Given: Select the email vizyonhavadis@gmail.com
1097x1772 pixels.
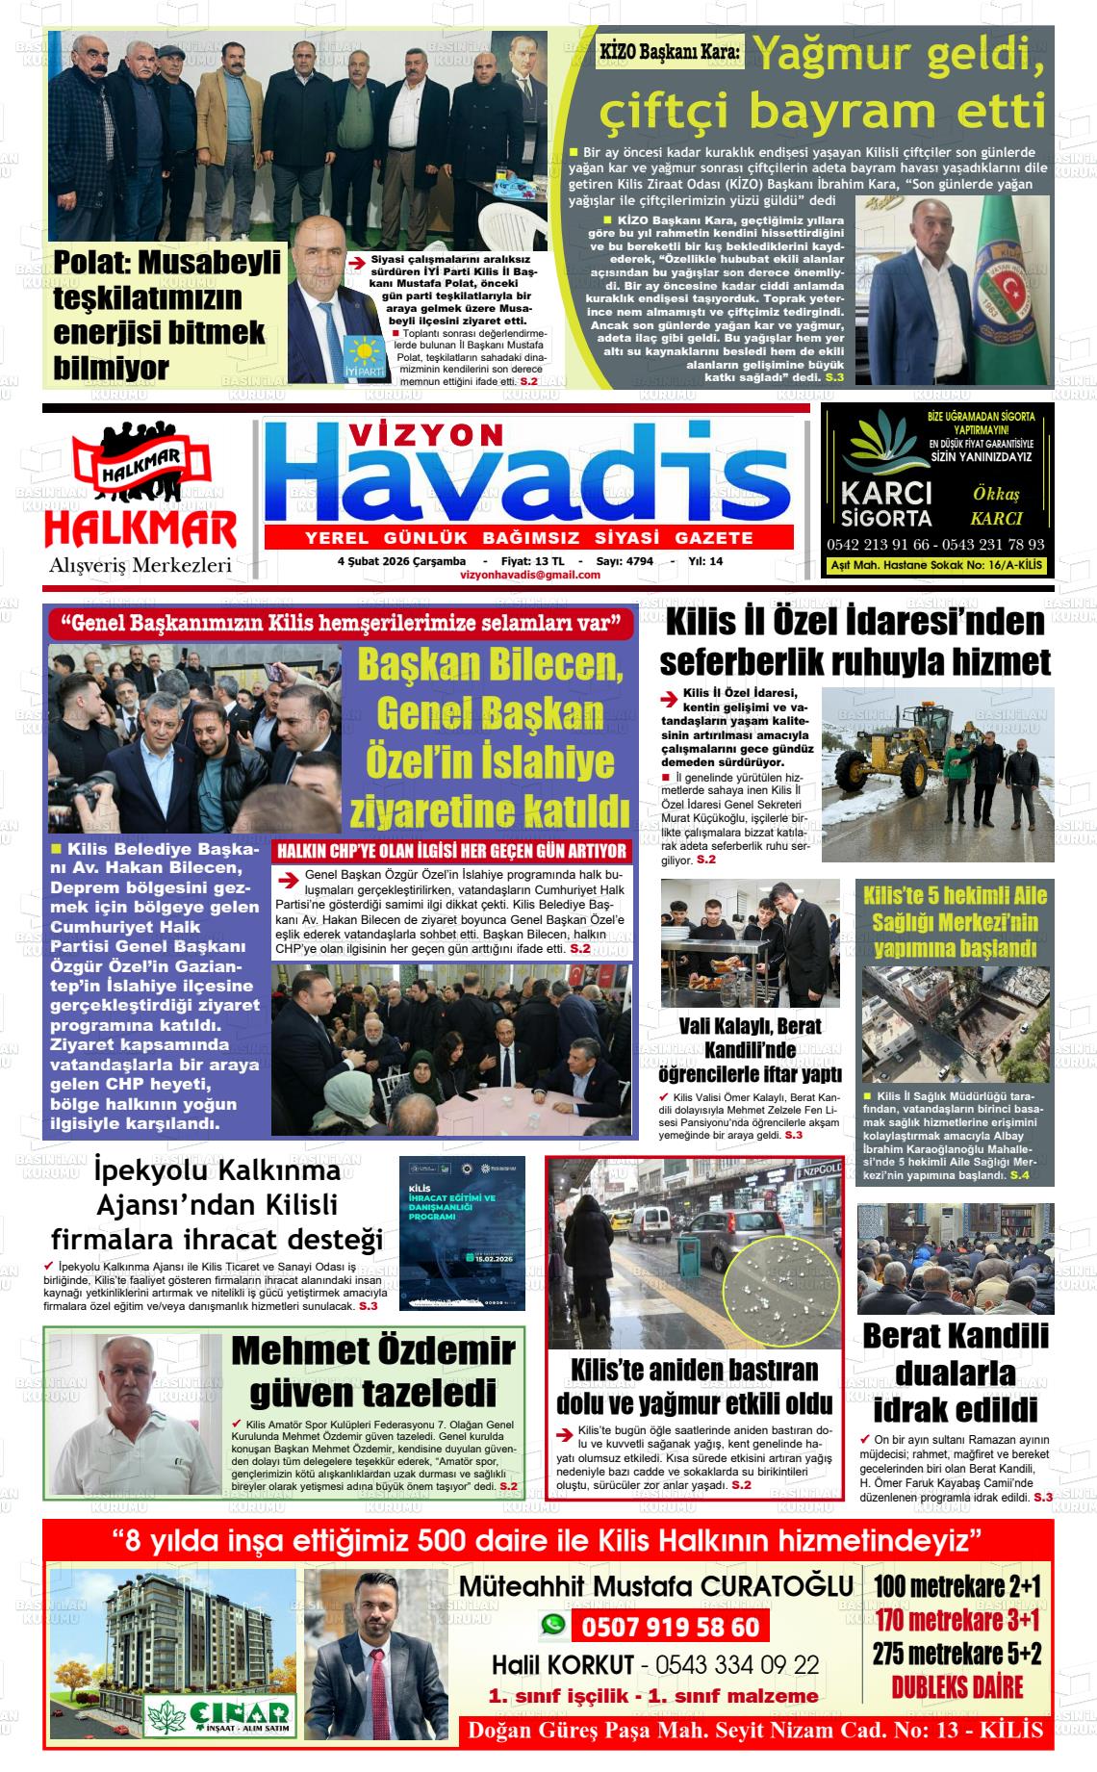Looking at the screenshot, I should (x=530, y=575).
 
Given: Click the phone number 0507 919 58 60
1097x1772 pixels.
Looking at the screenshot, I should (x=670, y=1628).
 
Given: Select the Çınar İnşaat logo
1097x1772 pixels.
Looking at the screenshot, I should (x=219, y=1713).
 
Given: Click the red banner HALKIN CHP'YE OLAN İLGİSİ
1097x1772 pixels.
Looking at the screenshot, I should (x=452, y=851).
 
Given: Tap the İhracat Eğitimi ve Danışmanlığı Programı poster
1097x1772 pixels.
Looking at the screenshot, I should (x=463, y=1232).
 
